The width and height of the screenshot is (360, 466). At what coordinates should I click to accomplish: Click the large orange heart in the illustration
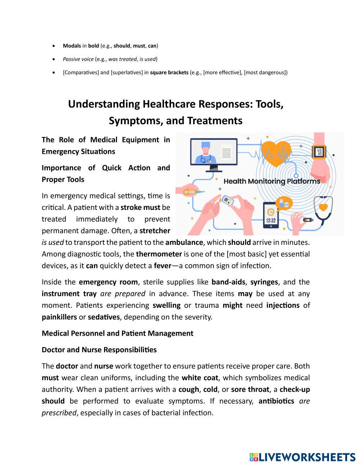pyautogui.click(x=276, y=153)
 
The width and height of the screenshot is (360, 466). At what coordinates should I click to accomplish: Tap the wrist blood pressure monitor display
pyautogui.click(x=319, y=152)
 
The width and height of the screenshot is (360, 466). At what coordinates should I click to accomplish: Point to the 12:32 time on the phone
pyautogui.click(x=271, y=220)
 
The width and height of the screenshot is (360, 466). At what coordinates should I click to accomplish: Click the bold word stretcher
pyautogui.click(x=155, y=230)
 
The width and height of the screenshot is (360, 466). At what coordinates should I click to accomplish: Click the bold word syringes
pyautogui.click(x=264, y=282)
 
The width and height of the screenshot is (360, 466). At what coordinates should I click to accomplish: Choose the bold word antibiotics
pyautogui.click(x=276, y=401)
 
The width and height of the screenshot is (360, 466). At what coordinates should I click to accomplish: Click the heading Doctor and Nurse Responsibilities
pyautogui.click(x=99, y=350)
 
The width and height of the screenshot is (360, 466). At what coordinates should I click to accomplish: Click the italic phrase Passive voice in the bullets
pyautogui.click(x=78, y=59)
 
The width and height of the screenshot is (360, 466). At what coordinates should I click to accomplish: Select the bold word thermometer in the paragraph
pyautogui.click(x=159, y=254)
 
